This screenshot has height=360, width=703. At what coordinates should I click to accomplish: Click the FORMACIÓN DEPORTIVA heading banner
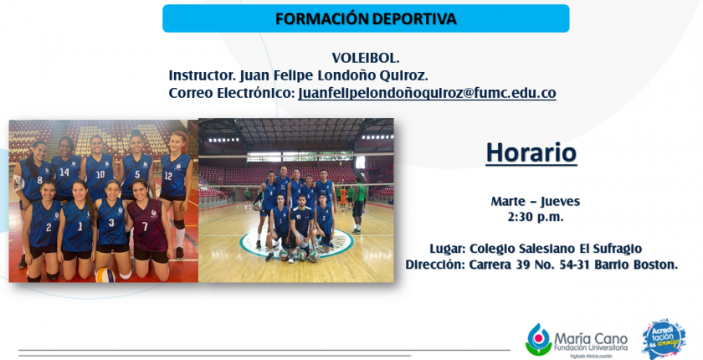366,18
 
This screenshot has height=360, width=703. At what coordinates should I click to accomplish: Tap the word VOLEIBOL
366,58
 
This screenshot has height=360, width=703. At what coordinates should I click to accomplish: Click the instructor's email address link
428,93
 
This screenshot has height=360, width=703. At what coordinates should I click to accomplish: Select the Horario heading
531,152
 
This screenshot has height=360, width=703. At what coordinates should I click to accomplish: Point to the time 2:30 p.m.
536,217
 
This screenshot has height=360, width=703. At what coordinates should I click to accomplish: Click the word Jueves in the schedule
560,202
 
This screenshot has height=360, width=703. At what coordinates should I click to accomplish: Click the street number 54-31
575,265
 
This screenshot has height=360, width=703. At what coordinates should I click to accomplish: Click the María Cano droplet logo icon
538,339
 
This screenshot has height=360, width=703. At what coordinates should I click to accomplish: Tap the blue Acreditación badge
664,339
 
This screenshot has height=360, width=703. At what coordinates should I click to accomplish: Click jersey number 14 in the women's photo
64,172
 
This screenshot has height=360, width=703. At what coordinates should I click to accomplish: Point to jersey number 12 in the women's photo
168,176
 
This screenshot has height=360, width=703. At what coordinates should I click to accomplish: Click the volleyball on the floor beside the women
105,275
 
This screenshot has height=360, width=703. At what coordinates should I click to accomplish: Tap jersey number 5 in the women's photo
137,174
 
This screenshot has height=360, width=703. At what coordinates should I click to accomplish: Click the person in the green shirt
358,205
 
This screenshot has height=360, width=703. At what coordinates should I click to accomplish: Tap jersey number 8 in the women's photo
39,181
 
